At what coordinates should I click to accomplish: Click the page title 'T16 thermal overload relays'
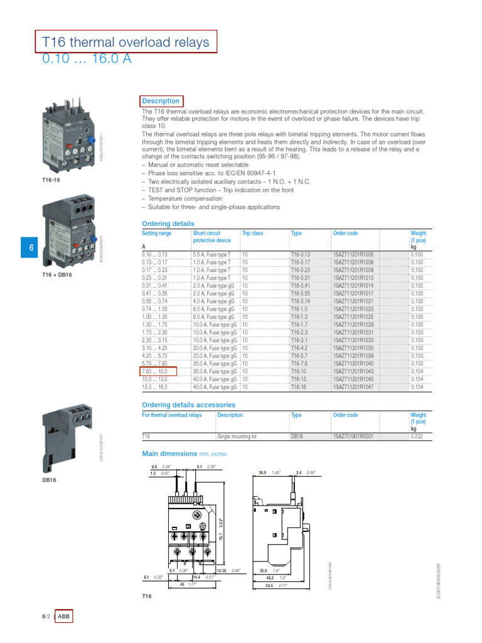tap(126, 42)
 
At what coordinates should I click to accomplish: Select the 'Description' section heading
tap(161, 101)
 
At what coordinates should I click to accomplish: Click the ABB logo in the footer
tap(65, 617)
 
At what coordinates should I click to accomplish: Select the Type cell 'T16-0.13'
tap(301, 254)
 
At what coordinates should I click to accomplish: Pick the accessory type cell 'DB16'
tap(297, 435)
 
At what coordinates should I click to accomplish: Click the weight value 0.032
tap(417, 435)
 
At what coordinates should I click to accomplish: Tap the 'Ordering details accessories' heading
tap(188, 405)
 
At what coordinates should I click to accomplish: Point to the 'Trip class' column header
tap(252, 233)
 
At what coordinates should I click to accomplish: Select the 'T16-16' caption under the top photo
tap(51, 180)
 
